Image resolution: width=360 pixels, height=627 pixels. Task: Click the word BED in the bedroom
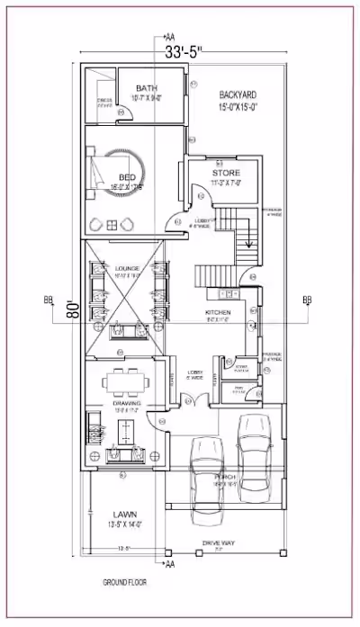pyautogui.click(x=128, y=178)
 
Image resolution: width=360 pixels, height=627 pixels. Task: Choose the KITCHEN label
pyautogui.click(x=219, y=311)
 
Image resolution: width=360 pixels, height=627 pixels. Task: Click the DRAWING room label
pyautogui.click(x=126, y=404)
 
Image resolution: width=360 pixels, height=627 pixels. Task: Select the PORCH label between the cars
pyautogui.click(x=224, y=477)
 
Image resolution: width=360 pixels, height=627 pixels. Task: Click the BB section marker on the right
pyautogui.click(x=307, y=300)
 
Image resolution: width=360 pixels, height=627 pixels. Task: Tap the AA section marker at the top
pyautogui.click(x=168, y=37)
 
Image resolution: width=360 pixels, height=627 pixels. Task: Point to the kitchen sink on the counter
pyautogui.click(x=229, y=293)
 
